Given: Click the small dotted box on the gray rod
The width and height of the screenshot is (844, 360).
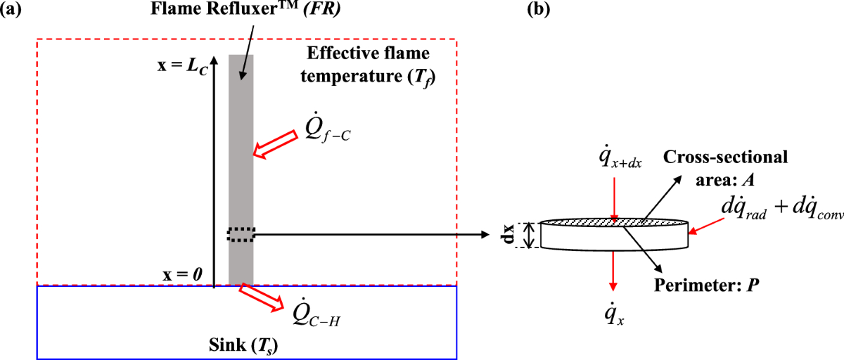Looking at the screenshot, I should (x=241, y=234).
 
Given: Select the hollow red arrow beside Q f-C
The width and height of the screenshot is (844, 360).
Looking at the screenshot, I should (x=275, y=141).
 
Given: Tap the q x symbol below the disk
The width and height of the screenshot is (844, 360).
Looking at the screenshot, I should (x=614, y=314).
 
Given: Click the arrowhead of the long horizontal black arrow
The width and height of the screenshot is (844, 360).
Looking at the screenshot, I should (x=485, y=234).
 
